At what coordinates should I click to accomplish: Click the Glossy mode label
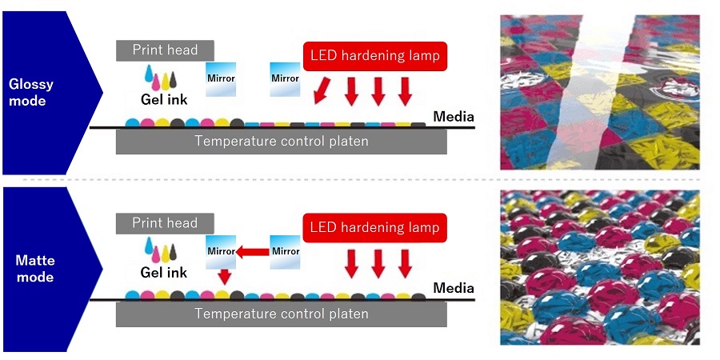pos(30,92)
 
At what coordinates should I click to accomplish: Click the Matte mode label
pos(35,269)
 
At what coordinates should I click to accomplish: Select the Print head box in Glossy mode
pos(165,50)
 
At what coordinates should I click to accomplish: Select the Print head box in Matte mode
pos(165,223)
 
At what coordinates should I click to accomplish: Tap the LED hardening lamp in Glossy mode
pos(374,57)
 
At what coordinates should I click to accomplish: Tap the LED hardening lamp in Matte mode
pos(374,228)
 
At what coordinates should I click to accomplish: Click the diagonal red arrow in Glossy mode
pos(322,90)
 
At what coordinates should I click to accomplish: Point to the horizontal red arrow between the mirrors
pos(252,251)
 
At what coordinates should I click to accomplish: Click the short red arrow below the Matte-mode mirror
pos(224,277)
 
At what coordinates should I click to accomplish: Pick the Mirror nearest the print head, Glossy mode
pos(221,79)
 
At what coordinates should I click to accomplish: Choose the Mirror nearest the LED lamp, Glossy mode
pos(285,79)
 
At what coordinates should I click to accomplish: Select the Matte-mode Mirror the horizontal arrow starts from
pos(285,252)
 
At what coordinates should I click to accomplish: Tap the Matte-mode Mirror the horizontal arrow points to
pos(221,252)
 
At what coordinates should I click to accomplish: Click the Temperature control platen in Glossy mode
pos(281,141)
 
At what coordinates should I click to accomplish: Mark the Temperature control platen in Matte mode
pos(281,314)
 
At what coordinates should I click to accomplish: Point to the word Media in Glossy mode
pos(454,117)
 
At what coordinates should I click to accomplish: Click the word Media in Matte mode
pos(454,288)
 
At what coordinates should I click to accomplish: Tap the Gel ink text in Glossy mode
pos(164,100)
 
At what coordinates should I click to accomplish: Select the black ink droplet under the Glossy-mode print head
pos(173,80)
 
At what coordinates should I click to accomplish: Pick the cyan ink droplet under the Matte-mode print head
pos(149,246)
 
